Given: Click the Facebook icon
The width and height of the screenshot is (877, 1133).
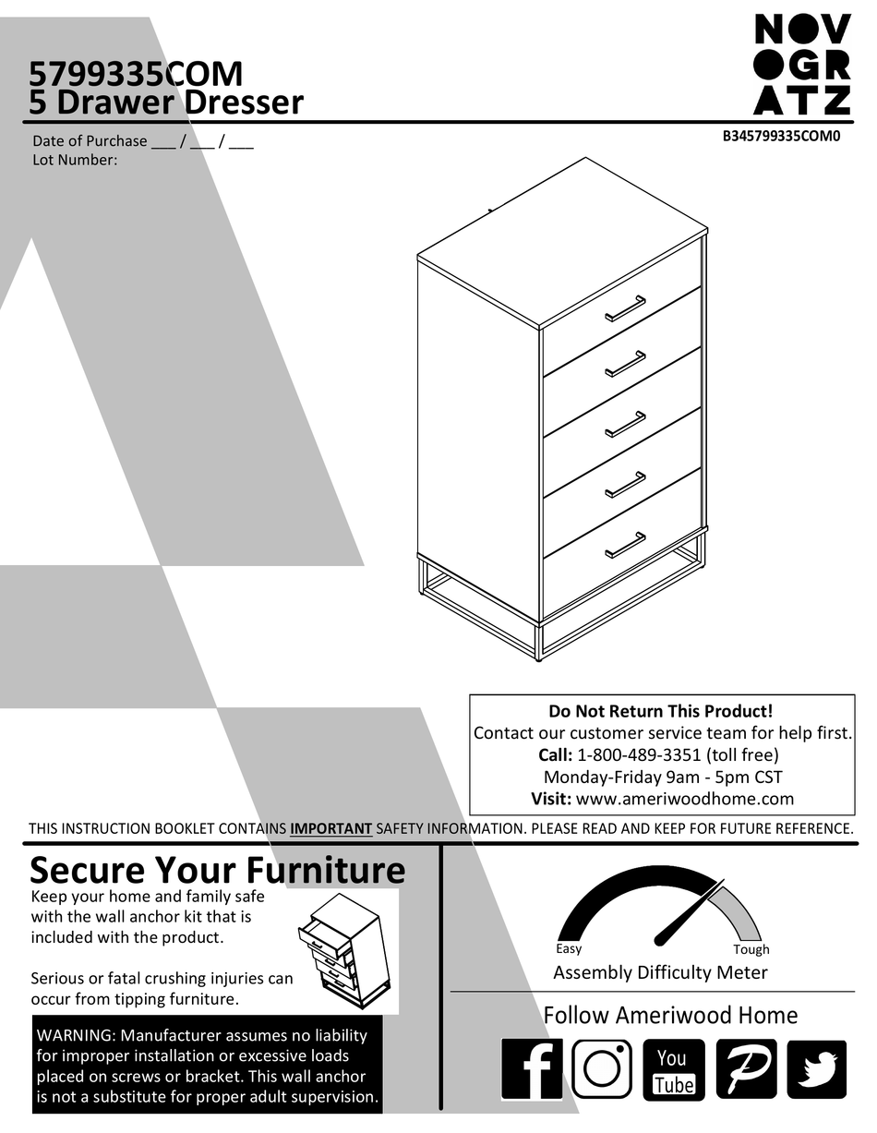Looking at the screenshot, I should pos(532,1069).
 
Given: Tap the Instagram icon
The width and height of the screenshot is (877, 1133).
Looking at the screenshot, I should pos(602,1069).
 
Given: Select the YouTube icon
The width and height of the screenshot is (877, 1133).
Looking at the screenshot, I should pos(673,1069).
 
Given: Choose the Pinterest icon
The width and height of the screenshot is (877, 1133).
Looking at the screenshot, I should pos(746,1069).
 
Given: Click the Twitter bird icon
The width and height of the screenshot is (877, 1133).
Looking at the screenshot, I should pos(816,1069).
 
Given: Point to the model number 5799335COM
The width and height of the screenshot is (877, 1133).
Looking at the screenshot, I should pos(136,73).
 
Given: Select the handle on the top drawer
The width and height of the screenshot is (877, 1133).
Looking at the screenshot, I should pos(625,308).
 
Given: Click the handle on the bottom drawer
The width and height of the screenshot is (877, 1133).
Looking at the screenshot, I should pos(625,546).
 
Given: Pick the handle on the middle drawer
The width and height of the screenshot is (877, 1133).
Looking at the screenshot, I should pos(625,425).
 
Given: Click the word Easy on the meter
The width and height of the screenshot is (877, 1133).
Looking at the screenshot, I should pos(569,948).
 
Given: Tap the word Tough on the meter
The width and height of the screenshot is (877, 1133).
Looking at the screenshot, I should pos(751,949).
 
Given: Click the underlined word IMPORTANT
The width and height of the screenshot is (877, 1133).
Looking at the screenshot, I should pos(330,828).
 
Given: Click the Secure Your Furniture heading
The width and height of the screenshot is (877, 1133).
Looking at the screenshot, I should pos(218,870).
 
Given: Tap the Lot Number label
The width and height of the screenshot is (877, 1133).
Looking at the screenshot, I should pos(75,160).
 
